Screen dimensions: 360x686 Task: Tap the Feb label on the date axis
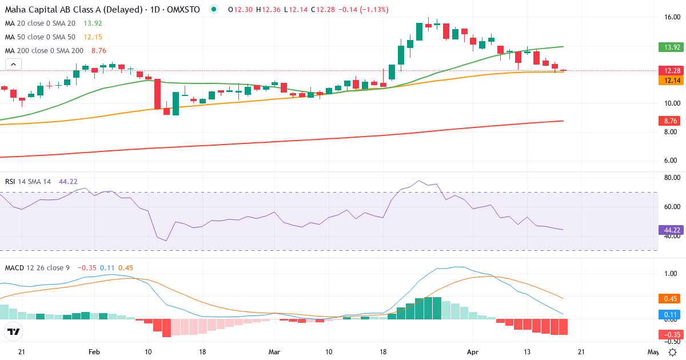pos(95,351)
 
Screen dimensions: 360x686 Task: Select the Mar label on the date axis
pos(274,351)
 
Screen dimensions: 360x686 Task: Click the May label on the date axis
pos(653,351)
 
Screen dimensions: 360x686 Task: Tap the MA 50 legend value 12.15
pos(93,37)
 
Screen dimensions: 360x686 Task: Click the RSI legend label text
pos(10,181)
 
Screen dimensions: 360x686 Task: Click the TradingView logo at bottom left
pos(14,331)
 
